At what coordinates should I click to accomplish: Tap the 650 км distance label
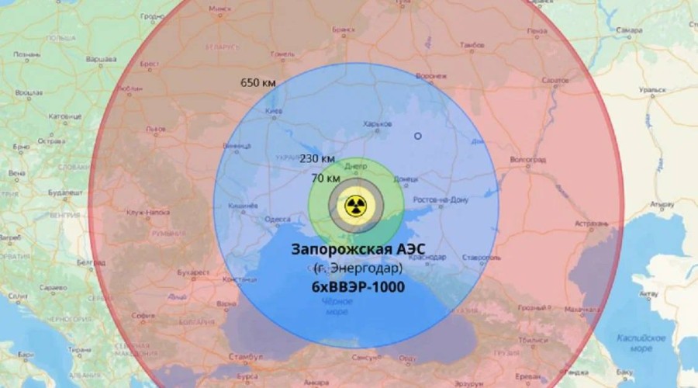(x=258, y=82)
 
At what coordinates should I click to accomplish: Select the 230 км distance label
(x=317, y=158)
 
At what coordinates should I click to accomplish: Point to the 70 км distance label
(x=324, y=178)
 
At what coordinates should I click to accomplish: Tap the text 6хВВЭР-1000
(x=358, y=286)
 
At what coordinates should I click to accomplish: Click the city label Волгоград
(x=527, y=159)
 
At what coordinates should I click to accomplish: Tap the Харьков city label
(x=378, y=123)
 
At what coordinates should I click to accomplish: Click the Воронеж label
(x=431, y=76)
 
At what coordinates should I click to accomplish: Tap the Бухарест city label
(x=194, y=273)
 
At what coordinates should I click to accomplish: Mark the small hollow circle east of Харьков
(x=417, y=136)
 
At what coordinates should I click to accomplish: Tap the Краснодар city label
(x=429, y=256)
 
